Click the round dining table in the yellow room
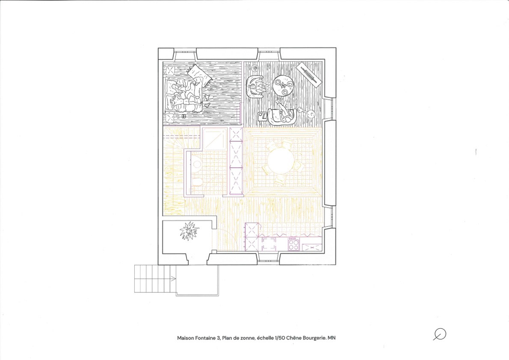tap(281, 161)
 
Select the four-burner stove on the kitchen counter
tap(293, 244)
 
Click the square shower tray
tap(215, 139)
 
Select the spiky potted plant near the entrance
tap(189, 231)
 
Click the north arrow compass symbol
tap(440, 334)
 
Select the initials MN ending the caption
tap(331, 338)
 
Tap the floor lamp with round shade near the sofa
tap(311, 113)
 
